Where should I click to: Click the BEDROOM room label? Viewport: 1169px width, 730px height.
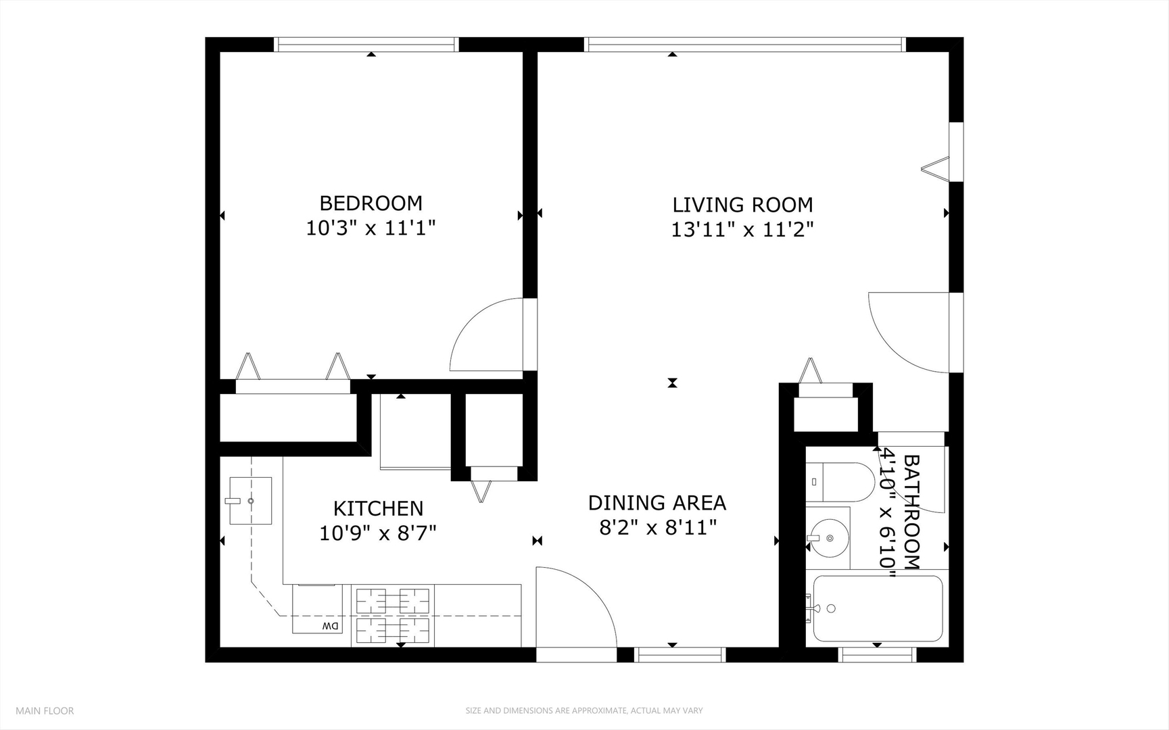pos(371,203)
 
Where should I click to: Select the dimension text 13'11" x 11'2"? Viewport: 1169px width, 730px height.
pos(742,230)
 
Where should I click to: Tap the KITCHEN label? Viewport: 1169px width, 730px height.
pos(378,508)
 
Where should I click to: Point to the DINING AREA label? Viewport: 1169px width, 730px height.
pos(657,503)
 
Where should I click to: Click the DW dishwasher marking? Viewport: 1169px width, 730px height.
pos(330,626)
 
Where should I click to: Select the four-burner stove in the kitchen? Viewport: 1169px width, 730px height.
pos(393,615)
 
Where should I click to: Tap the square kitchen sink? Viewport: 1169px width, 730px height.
pos(250,501)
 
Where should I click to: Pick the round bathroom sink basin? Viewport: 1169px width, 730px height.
pos(830,538)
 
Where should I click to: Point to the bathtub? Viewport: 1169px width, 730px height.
pos(877,608)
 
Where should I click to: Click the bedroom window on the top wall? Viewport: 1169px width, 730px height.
pos(366,45)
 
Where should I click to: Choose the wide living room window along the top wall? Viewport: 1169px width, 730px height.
pos(744,45)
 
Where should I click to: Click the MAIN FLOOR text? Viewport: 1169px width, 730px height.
pos(45,710)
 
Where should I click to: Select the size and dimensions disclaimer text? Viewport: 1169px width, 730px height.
pos(583,710)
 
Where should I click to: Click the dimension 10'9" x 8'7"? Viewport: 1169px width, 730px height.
pos(377,533)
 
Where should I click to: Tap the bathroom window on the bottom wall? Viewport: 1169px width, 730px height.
pos(877,654)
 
